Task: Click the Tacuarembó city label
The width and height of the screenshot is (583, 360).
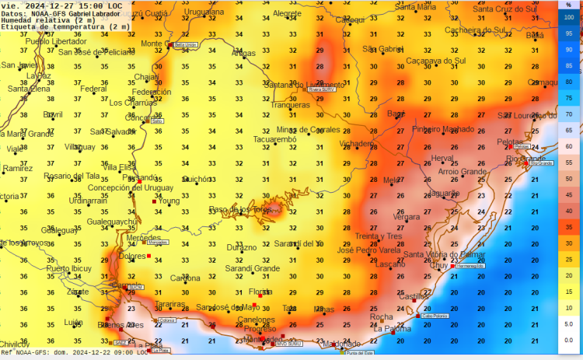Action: tap(275, 140)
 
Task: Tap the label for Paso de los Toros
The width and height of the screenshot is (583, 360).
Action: tap(239, 210)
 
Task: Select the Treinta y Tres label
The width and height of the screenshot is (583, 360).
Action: tap(379, 236)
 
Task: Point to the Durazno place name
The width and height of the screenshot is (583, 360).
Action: tap(241, 247)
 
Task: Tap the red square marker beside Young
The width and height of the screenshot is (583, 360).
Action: tap(154, 202)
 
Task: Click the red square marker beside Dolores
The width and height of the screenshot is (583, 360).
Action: tap(148, 256)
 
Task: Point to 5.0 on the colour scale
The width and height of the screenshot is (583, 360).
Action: tap(568, 323)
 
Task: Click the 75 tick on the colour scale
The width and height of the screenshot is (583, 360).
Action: tap(568, 98)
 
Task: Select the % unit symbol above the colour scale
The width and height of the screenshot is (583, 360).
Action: tap(568, 5)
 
